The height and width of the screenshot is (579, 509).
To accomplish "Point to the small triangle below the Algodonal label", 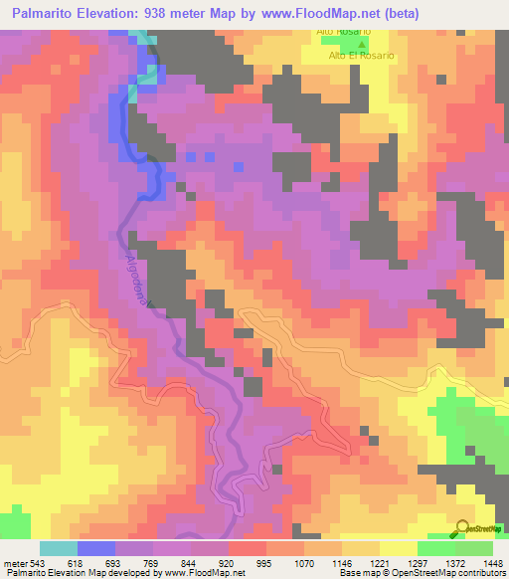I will (x=151, y=305).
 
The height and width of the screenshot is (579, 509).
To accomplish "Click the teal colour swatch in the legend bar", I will (x=59, y=548).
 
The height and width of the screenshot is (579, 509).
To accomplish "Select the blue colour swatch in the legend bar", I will (x=96, y=548).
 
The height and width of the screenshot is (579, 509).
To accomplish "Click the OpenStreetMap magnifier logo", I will (x=462, y=527).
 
